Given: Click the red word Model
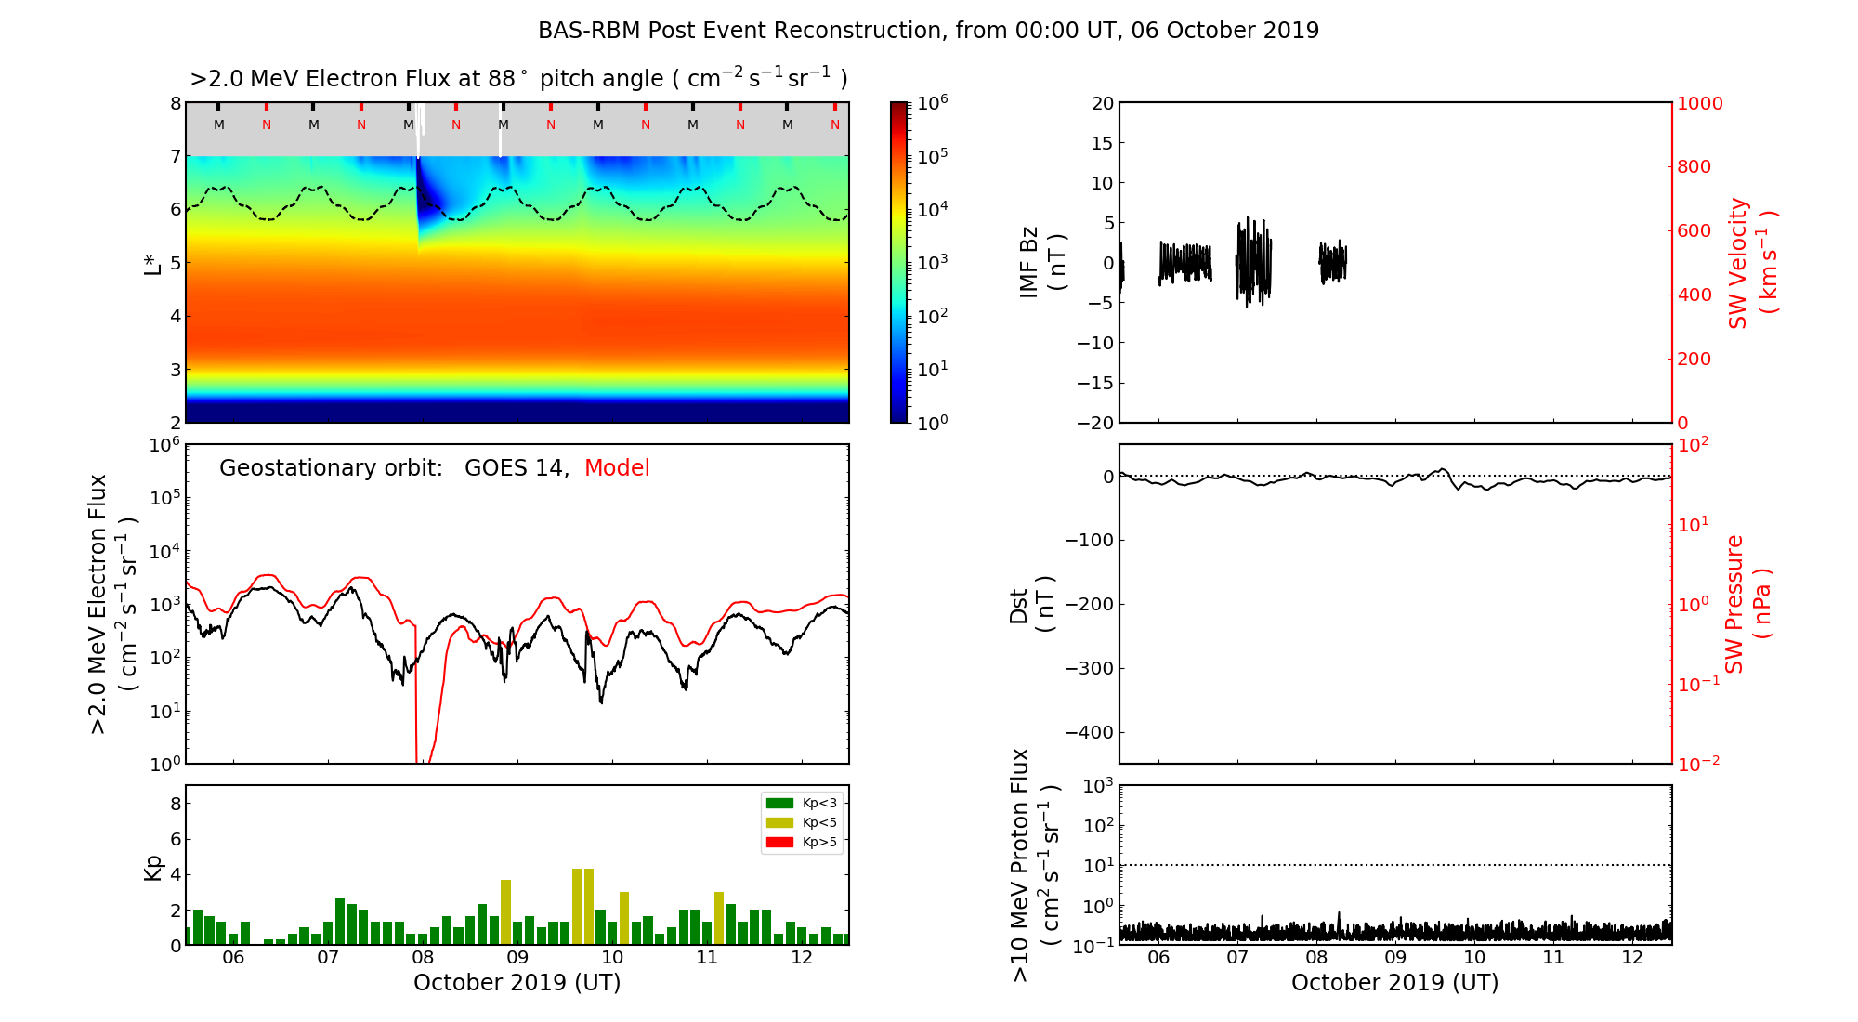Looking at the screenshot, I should pos(617,467).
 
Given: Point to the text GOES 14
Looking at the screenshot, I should pos(516,467).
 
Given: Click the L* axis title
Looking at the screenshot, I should pos(153,263).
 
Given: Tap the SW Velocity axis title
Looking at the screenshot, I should pos(1752,263).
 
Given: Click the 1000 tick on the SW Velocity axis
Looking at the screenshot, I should pos(1699,103).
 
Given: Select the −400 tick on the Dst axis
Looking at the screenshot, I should pos(1089,732).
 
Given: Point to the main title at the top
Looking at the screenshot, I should pos(928,31).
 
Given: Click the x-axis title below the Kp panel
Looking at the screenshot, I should pos(517,983).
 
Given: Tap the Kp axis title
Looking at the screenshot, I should pos(153,867).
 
